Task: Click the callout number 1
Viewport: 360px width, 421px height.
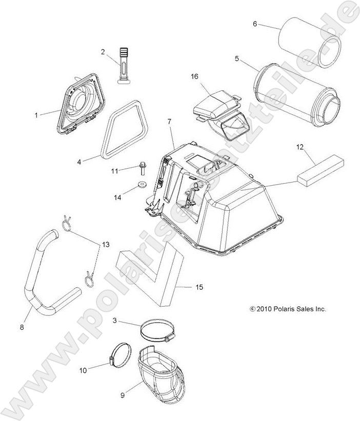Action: [x=36, y=115]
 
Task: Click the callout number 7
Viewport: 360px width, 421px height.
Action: [x=169, y=122]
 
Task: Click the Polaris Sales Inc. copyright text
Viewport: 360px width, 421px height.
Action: [x=288, y=309]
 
